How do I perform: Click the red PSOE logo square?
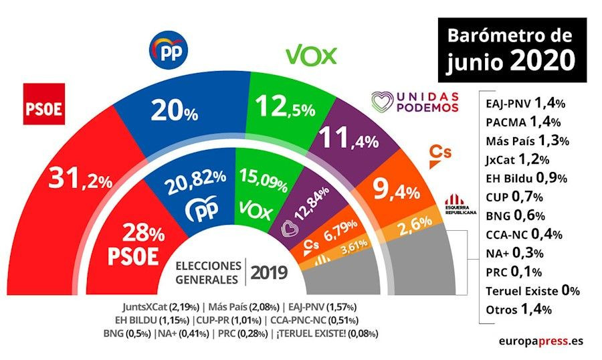click(44, 104)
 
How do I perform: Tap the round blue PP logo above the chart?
click(168, 49)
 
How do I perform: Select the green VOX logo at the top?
click(311, 55)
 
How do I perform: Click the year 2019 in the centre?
click(268, 272)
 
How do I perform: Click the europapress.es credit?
click(540, 341)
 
